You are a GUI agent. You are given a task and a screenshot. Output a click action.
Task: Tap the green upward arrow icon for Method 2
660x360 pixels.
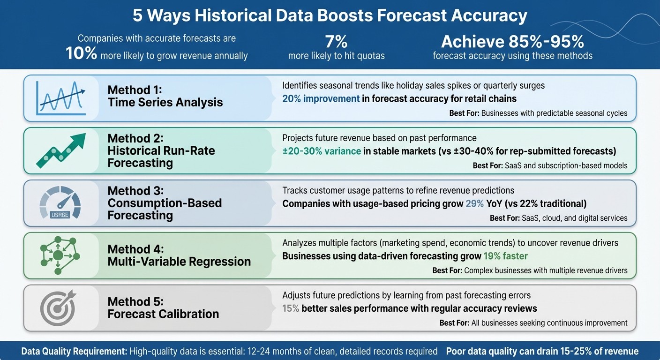point(60,150)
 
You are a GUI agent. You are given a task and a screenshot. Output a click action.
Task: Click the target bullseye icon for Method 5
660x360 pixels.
point(57,307)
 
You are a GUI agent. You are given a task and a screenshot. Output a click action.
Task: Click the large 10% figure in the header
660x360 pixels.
point(82,54)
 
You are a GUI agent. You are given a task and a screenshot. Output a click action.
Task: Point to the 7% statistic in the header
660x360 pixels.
point(336,42)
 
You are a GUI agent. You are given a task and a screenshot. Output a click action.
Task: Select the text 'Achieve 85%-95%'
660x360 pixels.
point(512,42)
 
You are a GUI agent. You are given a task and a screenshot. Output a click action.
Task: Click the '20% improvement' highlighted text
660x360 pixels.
point(321,99)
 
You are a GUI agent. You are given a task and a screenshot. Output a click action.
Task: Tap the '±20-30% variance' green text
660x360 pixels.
point(321,151)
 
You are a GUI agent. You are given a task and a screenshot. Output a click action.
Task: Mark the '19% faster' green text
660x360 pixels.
point(506,256)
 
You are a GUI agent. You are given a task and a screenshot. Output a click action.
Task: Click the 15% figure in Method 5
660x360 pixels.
point(291,308)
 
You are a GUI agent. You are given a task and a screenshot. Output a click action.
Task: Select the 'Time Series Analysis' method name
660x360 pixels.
point(165,102)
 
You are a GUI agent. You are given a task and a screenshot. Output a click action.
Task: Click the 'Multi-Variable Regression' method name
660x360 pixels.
point(179,262)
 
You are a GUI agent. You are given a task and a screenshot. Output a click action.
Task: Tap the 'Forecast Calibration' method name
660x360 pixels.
point(163,314)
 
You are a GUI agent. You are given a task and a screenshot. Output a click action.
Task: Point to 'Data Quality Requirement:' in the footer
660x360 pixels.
point(74,352)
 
